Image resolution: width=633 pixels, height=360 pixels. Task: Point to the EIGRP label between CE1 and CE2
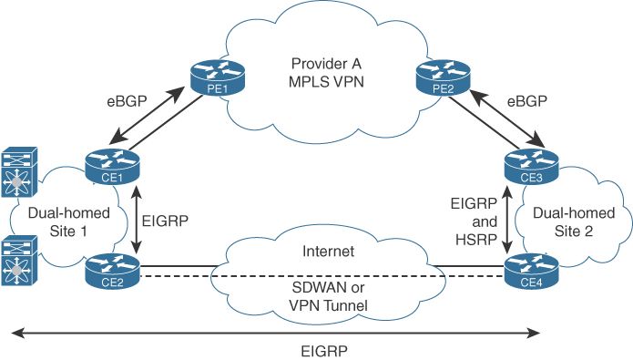tap(168, 219)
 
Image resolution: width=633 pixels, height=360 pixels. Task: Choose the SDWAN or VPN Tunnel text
tap(326, 298)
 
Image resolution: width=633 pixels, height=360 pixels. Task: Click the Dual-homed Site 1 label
tap(57, 222)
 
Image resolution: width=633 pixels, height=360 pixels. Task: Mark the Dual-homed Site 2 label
tap(574, 221)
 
